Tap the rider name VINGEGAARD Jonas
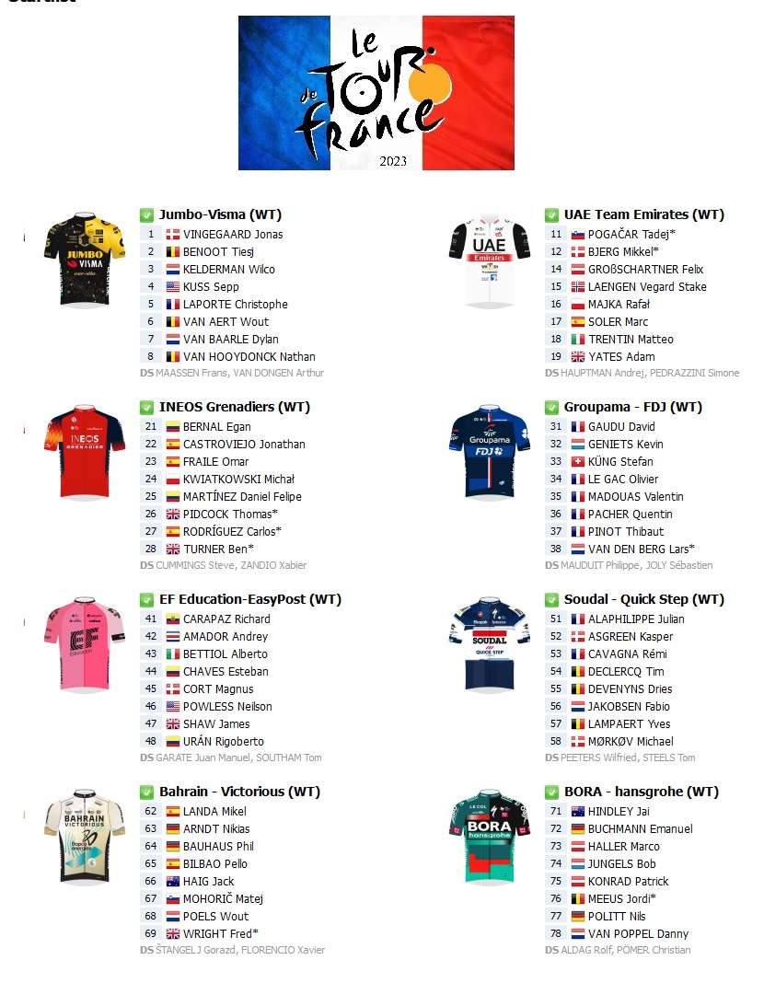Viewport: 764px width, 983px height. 233,234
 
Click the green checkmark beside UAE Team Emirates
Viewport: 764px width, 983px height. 551,215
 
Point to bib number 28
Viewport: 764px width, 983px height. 151,549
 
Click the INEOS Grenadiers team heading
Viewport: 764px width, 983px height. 234,407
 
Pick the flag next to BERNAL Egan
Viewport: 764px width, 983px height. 173,426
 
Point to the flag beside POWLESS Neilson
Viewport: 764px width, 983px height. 173,706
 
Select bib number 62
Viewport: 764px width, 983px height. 151,811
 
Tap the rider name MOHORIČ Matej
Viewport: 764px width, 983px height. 223,898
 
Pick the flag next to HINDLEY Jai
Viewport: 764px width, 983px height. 578,811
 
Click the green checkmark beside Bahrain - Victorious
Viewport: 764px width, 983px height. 146,792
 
